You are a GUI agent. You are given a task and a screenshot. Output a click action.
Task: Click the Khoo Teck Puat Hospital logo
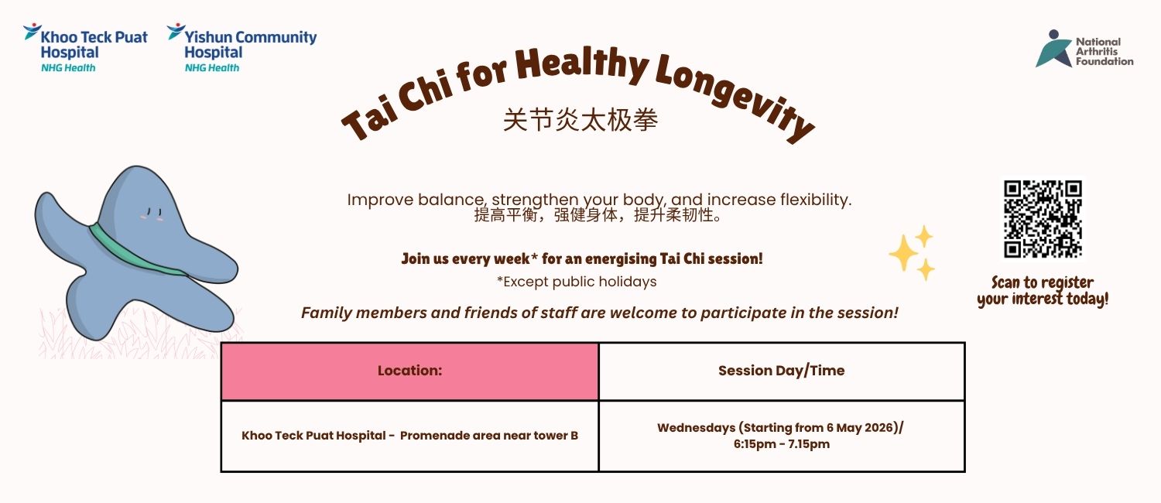[85, 48]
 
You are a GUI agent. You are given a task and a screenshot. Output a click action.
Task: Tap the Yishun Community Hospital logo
[241, 48]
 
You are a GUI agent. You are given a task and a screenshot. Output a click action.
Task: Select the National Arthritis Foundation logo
[1084, 50]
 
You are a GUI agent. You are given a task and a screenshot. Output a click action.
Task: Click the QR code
[1043, 218]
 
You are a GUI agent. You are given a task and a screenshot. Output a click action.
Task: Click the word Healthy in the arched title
[581, 64]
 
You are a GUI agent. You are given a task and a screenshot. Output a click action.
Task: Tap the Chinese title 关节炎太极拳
[580, 120]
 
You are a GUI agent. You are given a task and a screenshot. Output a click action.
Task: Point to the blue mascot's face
[153, 214]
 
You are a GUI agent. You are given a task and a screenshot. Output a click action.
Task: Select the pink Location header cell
[410, 371]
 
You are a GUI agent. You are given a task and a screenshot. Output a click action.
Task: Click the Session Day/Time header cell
[782, 371]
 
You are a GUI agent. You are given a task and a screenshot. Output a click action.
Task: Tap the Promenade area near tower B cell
[410, 436]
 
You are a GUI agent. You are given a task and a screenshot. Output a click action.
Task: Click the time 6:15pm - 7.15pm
[782, 444]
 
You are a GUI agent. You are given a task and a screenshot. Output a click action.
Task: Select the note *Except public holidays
[577, 282]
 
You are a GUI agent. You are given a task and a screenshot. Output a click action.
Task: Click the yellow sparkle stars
[911, 253]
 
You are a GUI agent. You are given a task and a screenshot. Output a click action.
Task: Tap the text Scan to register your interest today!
[1043, 291]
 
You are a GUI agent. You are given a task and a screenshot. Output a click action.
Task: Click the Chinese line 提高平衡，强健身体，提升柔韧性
[598, 215]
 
